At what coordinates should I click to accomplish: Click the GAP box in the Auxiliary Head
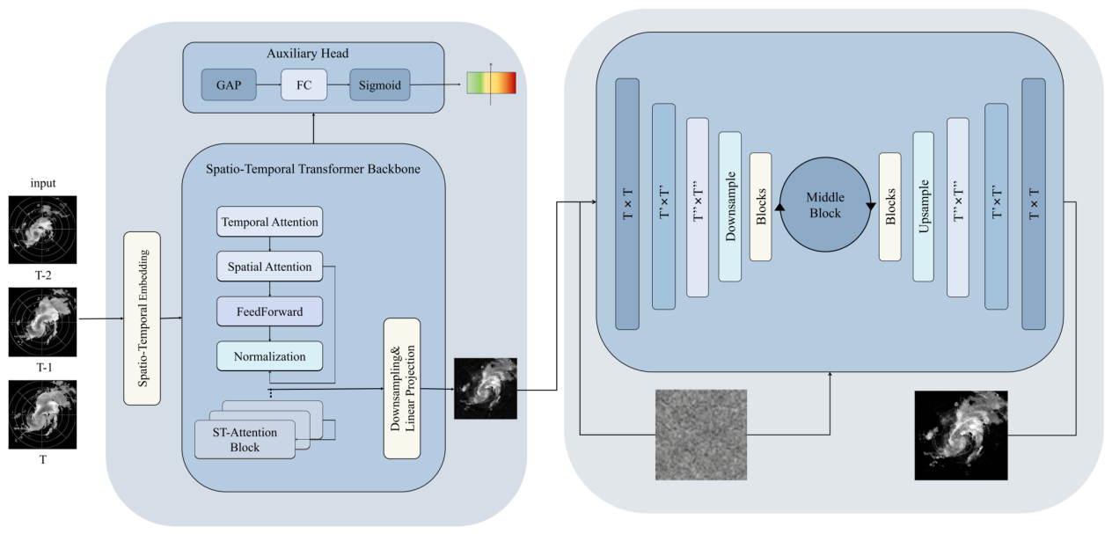pyautogui.click(x=229, y=84)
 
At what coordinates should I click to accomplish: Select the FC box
pyautogui.click(x=304, y=84)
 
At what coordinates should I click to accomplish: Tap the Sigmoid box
pyautogui.click(x=380, y=84)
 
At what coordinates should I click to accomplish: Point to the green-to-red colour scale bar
pyautogui.click(x=491, y=83)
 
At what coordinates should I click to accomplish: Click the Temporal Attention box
pyautogui.click(x=269, y=222)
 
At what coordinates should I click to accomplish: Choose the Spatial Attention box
pyautogui.click(x=269, y=267)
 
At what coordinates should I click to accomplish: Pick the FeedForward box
pyautogui.click(x=269, y=311)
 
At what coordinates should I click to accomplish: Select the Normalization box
pyautogui.click(x=269, y=355)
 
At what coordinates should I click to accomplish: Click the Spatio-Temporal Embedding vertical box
pyautogui.click(x=142, y=318)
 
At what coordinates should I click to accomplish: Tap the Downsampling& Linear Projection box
pyautogui.click(x=402, y=388)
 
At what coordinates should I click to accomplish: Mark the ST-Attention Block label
pyautogui.click(x=245, y=440)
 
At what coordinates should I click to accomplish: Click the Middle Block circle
pyautogui.click(x=825, y=204)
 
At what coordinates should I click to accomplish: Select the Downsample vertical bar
pyautogui.click(x=730, y=207)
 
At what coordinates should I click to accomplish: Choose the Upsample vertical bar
pyautogui.click(x=924, y=207)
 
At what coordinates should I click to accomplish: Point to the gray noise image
pyautogui.click(x=701, y=435)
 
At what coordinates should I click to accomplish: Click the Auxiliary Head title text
pyautogui.click(x=307, y=53)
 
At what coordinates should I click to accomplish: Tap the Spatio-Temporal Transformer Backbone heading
pyautogui.click(x=313, y=169)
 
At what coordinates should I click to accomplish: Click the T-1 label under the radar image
pyautogui.click(x=44, y=367)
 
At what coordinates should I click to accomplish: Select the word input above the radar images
pyautogui.click(x=43, y=183)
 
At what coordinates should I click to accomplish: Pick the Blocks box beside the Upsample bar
pyautogui.click(x=890, y=207)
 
